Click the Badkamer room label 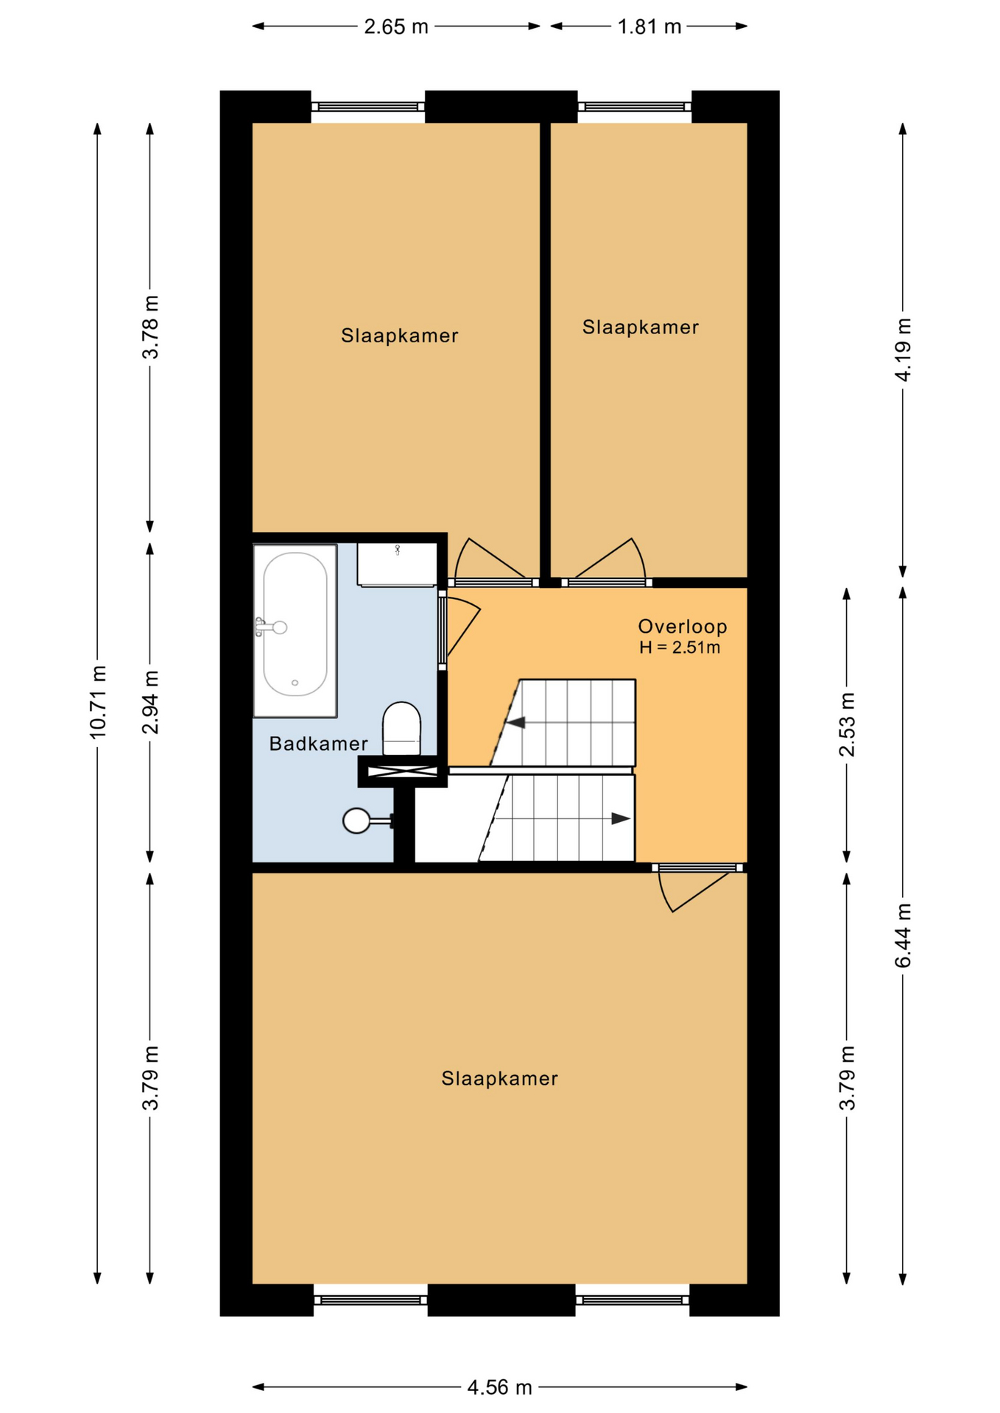click(318, 743)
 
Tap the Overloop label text click(682, 626)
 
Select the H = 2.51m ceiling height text click(679, 648)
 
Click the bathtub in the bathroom click(295, 630)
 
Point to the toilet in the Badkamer click(401, 729)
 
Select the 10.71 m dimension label click(99, 701)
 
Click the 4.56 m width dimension click(499, 1387)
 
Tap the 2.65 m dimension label click(396, 27)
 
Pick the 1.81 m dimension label click(649, 27)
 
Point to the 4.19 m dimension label click(903, 350)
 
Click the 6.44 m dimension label click(903, 935)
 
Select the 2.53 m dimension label click(847, 724)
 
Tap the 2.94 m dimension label click(150, 702)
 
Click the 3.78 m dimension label click(150, 327)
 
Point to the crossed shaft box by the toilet click(402, 771)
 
